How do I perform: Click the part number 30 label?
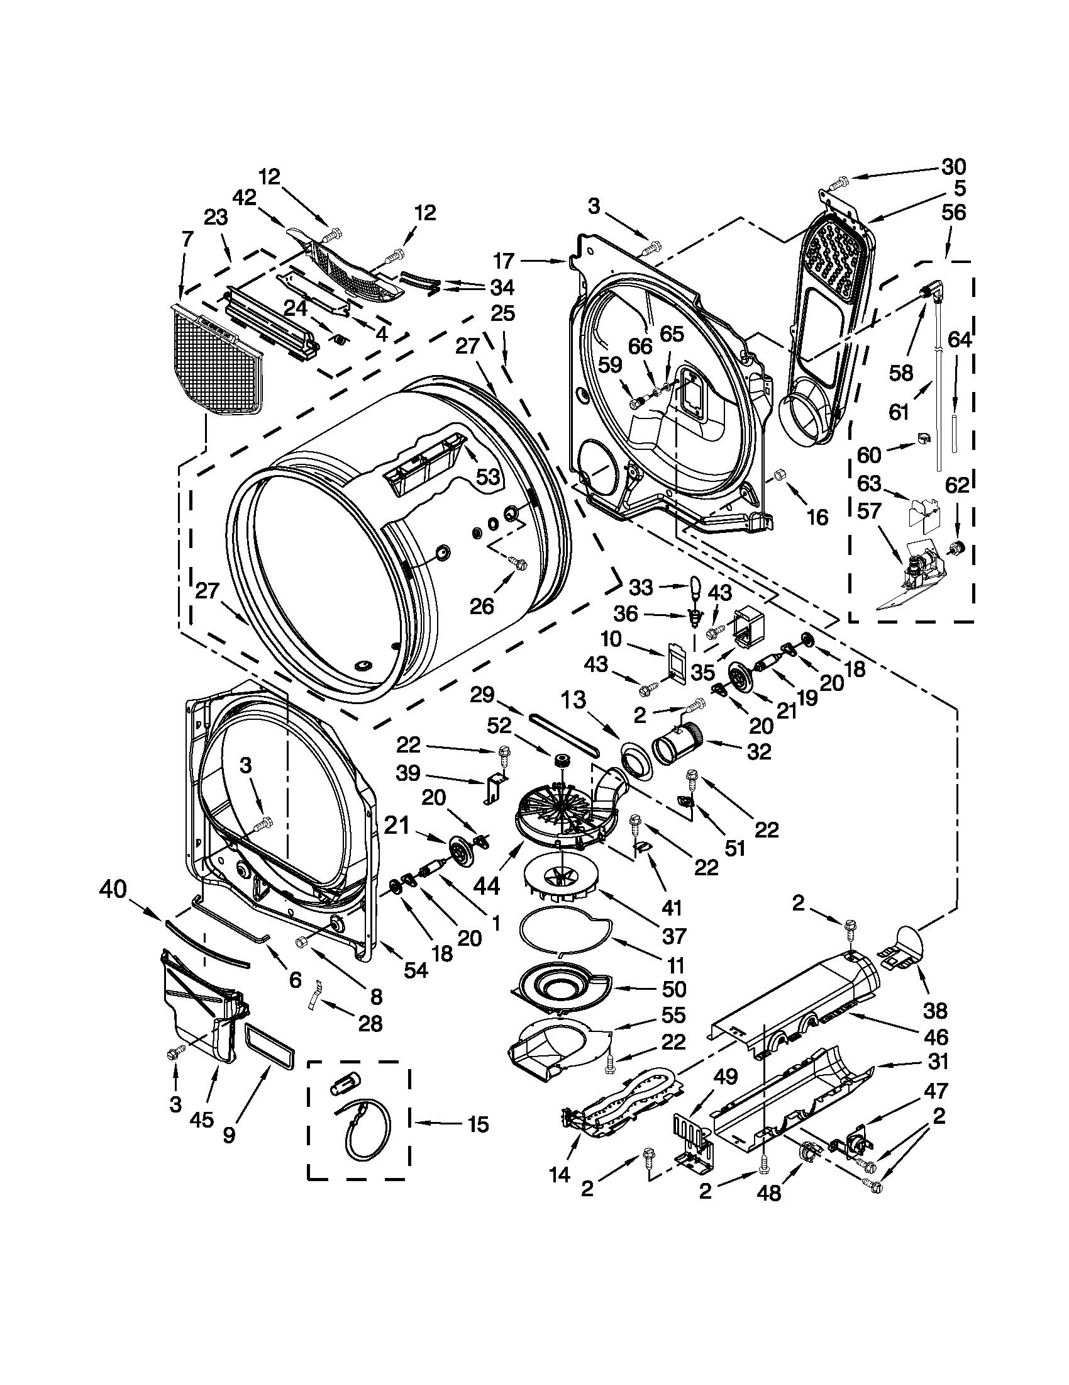[x=953, y=167]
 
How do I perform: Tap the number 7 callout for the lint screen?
[x=186, y=240]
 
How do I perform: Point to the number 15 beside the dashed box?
[x=479, y=1124]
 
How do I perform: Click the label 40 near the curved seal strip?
[x=113, y=891]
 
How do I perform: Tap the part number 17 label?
[x=505, y=261]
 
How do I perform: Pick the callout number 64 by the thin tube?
[x=959, y=340]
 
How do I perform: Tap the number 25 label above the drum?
[x=502, y=313]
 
